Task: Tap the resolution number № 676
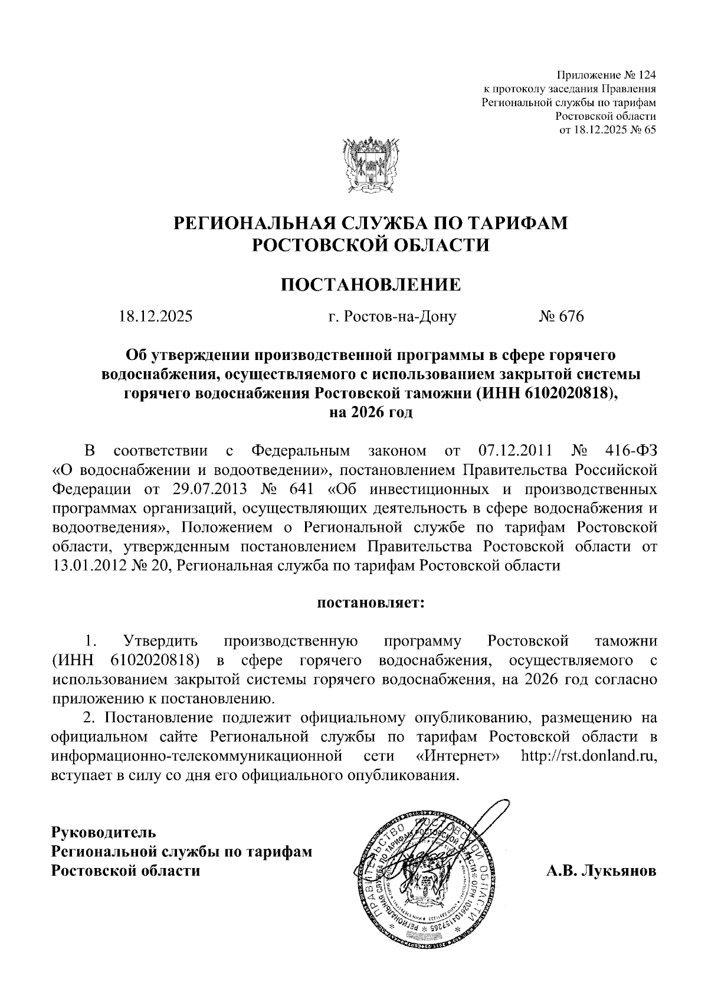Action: tap(560, 317)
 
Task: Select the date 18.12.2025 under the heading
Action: tap(156, 317)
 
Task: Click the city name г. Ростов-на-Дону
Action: tap(392, 317)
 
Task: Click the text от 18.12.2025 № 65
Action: tap(608, 130)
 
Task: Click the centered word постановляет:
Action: tap(371, 604)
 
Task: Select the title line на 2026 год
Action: tap(371, 412)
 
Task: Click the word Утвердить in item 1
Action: tap(160, 641)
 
